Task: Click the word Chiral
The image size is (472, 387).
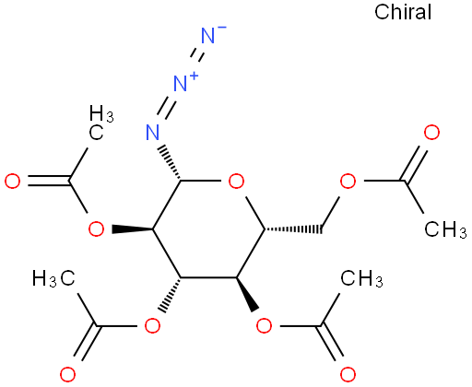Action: tap(403, 12)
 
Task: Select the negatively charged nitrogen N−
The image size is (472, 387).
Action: tap(208, 35)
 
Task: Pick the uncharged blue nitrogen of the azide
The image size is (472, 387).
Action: tap(152, 132)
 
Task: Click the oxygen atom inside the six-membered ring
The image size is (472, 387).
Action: tap(236, 181)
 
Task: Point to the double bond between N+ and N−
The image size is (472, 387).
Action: tap(196, 56)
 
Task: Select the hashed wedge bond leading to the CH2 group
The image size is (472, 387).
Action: tap(293, 229)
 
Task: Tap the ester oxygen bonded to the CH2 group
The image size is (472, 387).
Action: tap(348, 181)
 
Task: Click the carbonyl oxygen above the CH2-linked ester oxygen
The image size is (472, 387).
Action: tap(431, 133)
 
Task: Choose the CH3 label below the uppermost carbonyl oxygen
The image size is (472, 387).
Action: tap(445, 229)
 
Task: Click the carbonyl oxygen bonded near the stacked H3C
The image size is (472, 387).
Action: tap(13, 181)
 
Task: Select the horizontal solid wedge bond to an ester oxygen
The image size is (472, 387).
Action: tap(133, 229)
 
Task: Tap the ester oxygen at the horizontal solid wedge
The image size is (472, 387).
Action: tap(96, 229)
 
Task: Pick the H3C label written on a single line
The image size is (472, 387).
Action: tap(53, 278)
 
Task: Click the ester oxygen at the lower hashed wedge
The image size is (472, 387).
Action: tap(152, 326)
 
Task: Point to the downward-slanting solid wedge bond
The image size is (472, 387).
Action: tap(247, 295)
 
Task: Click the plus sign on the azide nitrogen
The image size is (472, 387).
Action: tap(193, 75)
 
